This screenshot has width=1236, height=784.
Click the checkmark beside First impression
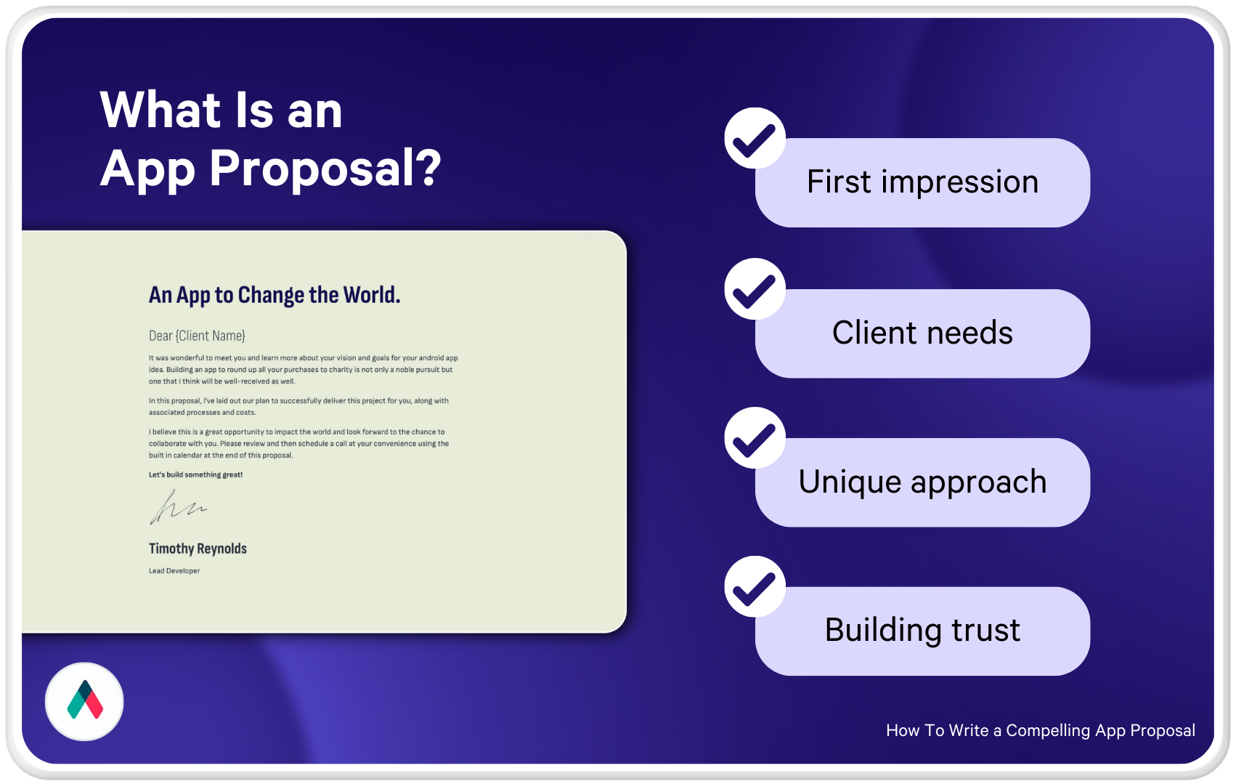coord(755,138)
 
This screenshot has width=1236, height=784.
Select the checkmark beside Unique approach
coord(755,438)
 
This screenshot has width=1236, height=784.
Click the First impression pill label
coord(922,182)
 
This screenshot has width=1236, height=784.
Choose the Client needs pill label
coord(922,334)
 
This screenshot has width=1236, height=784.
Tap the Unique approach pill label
coord(922,482)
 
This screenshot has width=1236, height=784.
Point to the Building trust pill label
coord(922,631)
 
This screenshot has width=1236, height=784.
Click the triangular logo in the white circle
coord(85,700)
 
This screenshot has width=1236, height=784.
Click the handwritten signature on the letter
coord(178,507)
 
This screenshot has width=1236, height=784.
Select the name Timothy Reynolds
coord(198,549)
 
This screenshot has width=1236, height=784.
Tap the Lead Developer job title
coord(174,571)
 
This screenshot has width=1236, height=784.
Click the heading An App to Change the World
coord(275,296)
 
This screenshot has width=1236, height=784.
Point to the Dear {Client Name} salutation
coord(197,336)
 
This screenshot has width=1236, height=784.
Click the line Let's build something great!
coord(196,474)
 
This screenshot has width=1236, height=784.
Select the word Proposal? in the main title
coord(325,169)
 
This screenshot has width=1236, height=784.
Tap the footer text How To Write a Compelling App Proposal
coord(1041,730)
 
